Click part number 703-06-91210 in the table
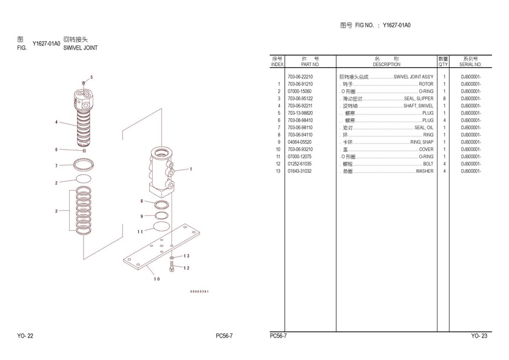[300, 84]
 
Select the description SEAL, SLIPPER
[418, 99]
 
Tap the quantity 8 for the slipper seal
[444, 99]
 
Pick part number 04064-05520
[300, 142]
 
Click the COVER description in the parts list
[426, 149]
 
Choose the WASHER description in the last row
[424, 171]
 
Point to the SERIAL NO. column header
[470, 64]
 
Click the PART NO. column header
[310, 64]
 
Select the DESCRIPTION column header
[387, 64]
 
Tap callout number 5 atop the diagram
[91, 77]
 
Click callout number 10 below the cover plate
[156, 279]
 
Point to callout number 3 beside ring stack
[56, 211]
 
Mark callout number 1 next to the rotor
[190, 169]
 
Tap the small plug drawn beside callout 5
[84, 82]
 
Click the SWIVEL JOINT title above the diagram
[81, 47]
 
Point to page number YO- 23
[479, 335]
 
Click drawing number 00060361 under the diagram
[199, 292]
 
